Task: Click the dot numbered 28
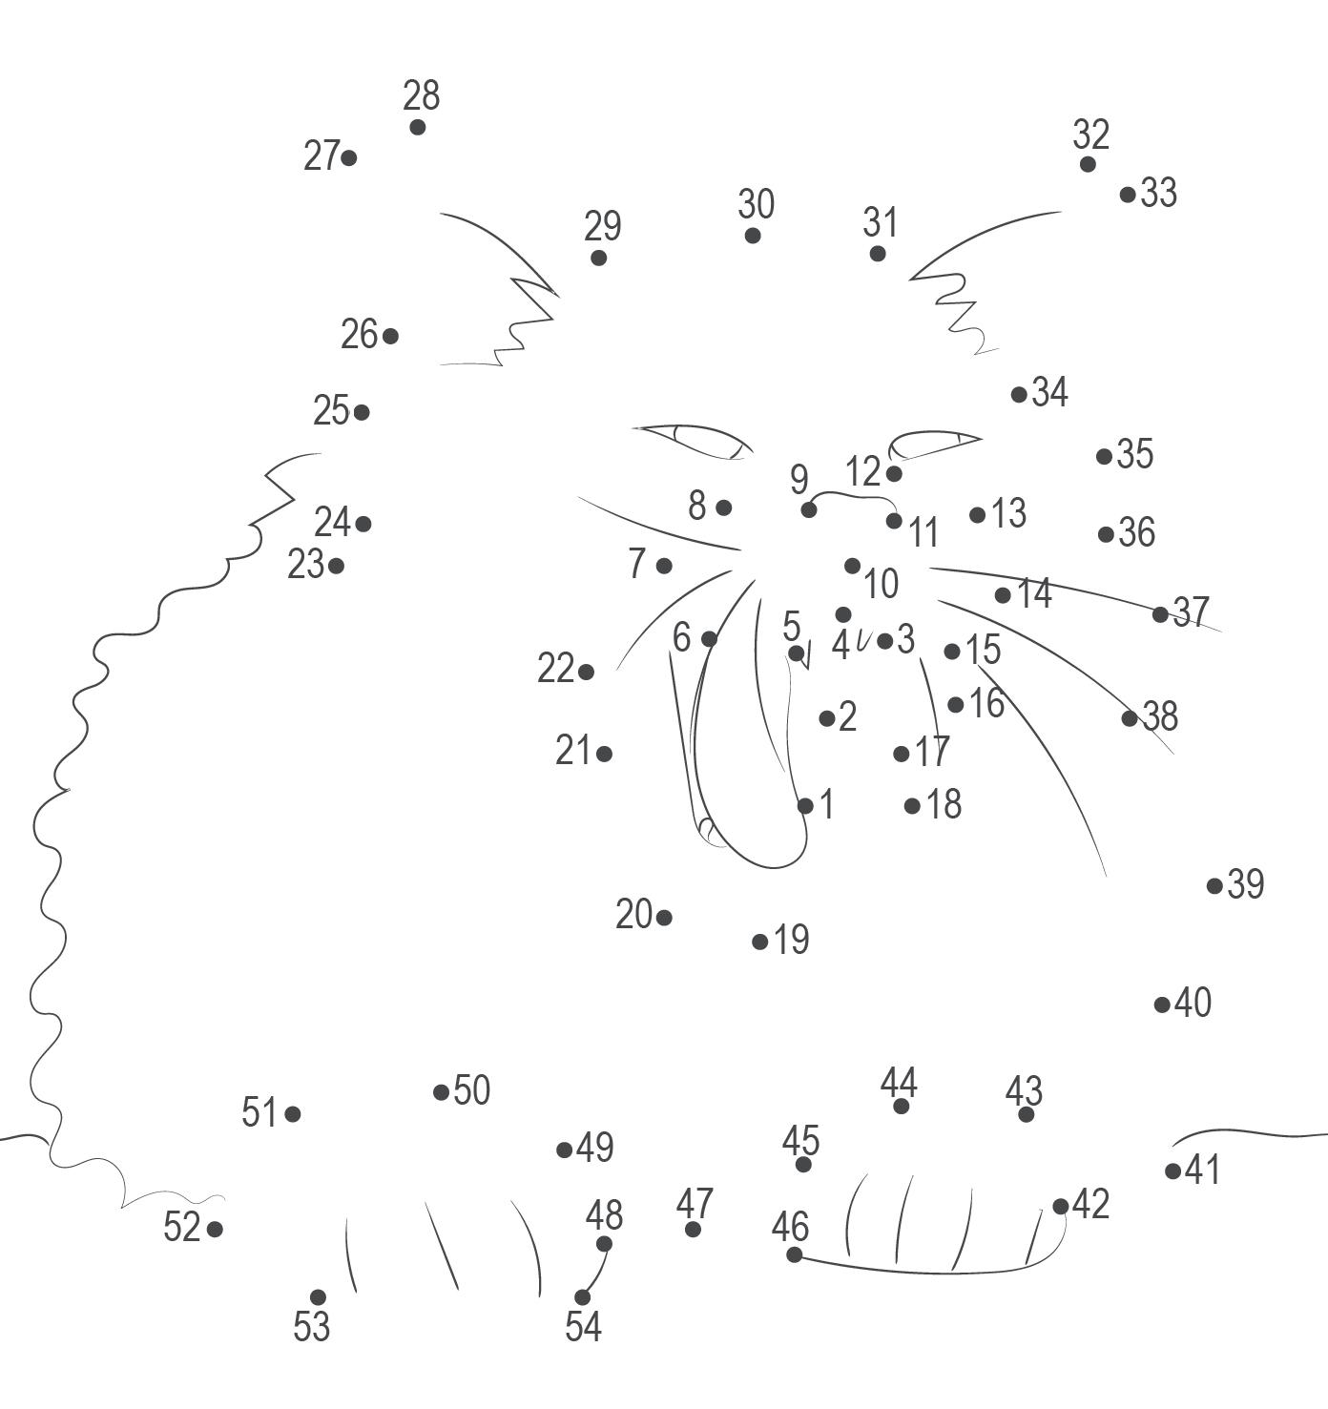417,127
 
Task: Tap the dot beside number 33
1128,195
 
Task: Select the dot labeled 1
805,806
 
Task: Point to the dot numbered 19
760,942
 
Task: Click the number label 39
1246,884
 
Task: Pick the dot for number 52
215,1229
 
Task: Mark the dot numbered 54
582,1296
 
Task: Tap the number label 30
756,204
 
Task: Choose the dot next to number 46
794,1254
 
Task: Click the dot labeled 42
1060,1207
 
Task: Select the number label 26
360,334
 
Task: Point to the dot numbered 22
586,673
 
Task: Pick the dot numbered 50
441,1092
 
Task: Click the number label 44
899,1083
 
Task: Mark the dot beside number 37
1160,614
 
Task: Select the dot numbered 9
809,509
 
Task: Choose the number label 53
311,1326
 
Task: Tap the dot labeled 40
1162,1005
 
